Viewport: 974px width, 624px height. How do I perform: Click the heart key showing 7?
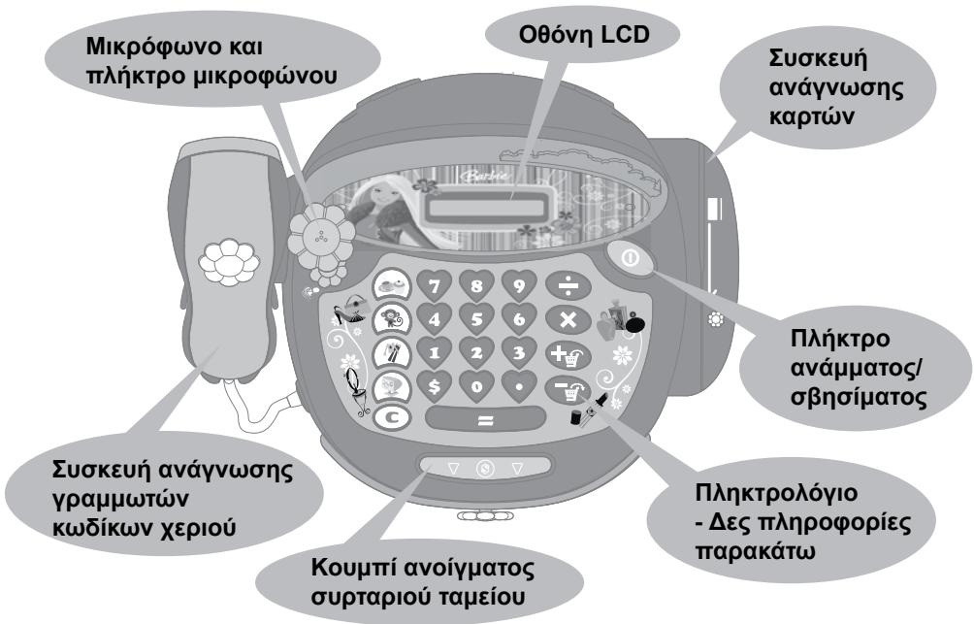click(433, 284)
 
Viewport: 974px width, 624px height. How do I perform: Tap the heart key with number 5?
click(475, 316)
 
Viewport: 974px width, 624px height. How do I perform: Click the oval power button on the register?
click(629, 260)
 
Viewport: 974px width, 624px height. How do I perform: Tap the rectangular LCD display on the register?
click(486, 207)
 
